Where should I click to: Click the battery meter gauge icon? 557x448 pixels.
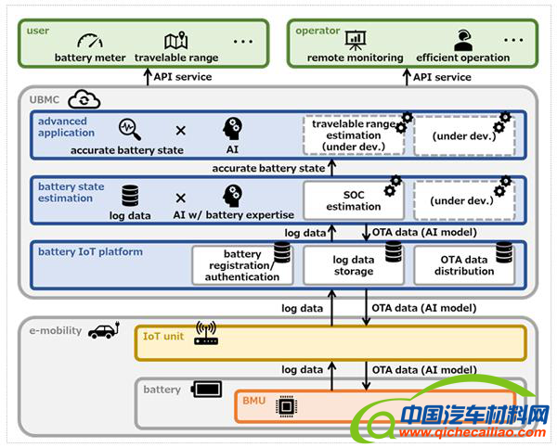(x=89, y=41)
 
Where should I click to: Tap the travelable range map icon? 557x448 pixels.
(x=175, y=41)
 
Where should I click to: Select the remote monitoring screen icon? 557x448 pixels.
(x=356, y=41)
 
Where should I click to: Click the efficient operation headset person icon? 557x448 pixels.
(x=461, y=41)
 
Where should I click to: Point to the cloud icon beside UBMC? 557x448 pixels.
(x=84, y=99)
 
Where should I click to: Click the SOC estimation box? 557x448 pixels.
(x=353, y=200)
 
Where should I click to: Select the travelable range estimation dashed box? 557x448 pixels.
(x=353, y=134)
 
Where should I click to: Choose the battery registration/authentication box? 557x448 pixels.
(x=243, y=265)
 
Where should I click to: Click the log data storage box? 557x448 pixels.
(x=353, y=265)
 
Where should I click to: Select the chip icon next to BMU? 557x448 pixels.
(x=288, y=405)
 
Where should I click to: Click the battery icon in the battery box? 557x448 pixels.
(x=205, y=389)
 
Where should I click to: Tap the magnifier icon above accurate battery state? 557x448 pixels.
(x=129, y=129)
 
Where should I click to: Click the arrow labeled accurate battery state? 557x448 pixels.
(x=331, y=168)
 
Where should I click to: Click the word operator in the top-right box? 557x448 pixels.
(x=317, y=31)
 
